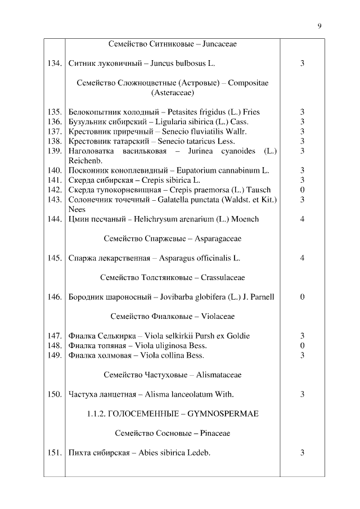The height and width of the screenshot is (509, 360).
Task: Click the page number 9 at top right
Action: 319,25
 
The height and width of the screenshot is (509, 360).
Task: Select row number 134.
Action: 54,64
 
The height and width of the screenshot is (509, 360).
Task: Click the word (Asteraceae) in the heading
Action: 172,93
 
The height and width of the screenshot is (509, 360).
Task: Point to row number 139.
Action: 54,151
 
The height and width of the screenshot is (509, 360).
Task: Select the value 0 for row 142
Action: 302,190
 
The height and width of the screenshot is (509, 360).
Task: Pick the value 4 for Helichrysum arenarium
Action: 302,219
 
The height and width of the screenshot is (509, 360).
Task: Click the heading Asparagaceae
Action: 218,238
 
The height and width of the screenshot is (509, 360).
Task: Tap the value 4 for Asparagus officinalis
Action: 302,258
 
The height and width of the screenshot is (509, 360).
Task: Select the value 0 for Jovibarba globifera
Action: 302,297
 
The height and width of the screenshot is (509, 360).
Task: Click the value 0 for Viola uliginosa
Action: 302,345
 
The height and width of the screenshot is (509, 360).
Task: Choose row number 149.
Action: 54,355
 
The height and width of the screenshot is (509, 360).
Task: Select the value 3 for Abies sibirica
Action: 302,452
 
